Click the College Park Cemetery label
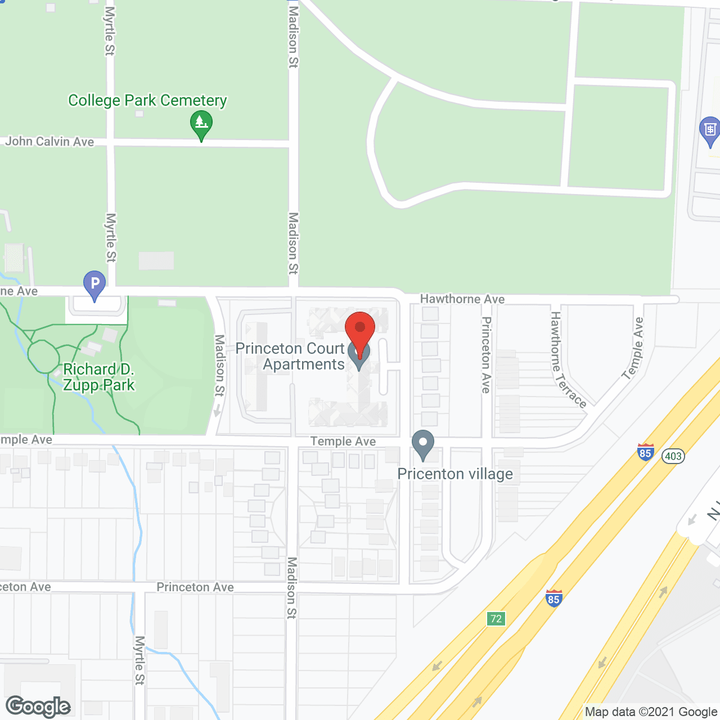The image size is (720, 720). tap(147, 101)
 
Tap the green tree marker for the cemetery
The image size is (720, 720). tap(201, 124)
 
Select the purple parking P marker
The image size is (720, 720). tap(94, 285)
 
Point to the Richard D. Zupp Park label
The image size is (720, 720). tap(99, 377)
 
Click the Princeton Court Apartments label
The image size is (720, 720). tap(291, 357)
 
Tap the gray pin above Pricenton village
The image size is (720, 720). tap(423, 444)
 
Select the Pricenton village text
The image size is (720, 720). tap(455, 474)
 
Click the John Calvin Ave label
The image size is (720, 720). tap(49, 141)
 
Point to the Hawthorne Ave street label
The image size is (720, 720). tap(462, 299)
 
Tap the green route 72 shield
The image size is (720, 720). tap(496, 619)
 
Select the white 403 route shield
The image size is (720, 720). tap(673, 456)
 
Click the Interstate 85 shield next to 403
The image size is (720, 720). tap(645, 452)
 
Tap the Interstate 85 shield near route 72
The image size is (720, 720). tap(553, 598)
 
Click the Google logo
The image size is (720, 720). tap(38, 706)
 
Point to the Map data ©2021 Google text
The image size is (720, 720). tap(651, 712)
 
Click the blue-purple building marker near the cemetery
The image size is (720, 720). tap(710, 131)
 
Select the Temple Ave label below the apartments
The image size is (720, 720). tap(343, 442)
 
